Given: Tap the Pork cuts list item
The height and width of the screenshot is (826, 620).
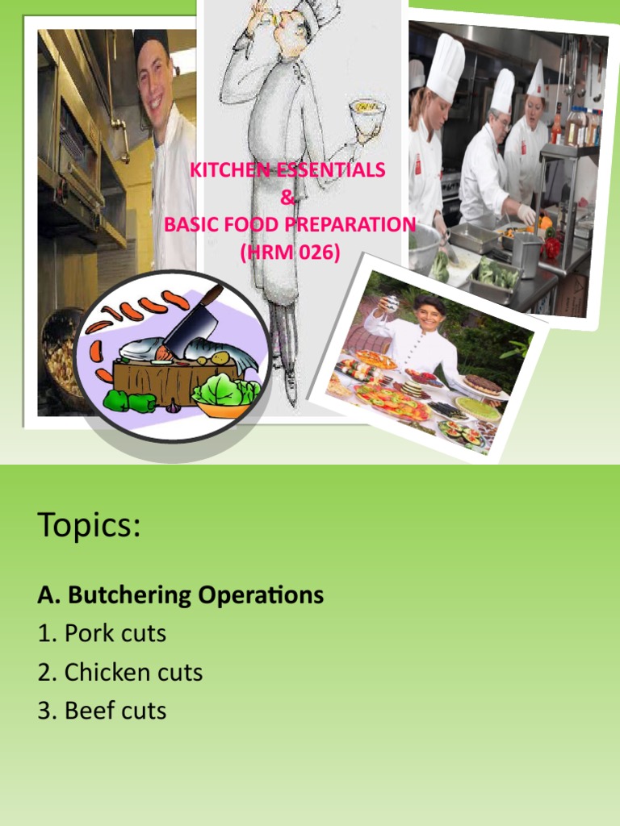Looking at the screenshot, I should coord(102,634).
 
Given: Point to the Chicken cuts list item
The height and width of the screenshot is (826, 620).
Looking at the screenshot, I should coord(119,672).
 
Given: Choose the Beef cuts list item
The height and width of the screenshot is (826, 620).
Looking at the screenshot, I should coord(102,711).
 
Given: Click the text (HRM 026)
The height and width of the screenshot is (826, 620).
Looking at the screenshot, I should coord(290,252).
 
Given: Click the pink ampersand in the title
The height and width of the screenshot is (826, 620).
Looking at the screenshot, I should coord(288,198).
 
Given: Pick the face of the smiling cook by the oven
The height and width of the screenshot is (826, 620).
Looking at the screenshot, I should coord(154,77).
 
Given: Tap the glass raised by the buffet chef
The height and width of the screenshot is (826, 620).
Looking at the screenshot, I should coord(389,303).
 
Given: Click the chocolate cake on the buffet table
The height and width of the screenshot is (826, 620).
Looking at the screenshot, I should coord(481,385).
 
